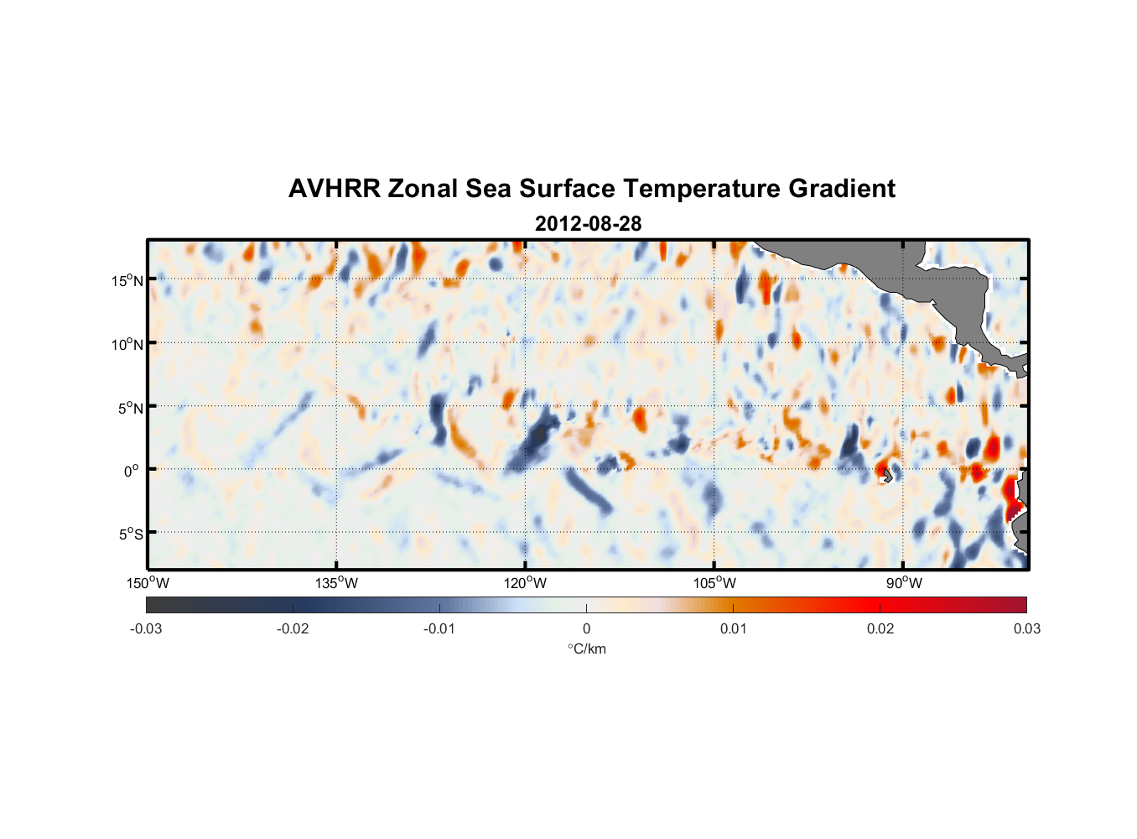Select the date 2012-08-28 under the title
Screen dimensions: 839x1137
pyautogui.click(x=588, y=224)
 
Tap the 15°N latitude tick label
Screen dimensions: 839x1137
pyautogui.click(x=127, y=280)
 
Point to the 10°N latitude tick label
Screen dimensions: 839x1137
pyautogui.click(x=127, y=344)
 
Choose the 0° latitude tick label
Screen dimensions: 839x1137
pyautogui.click(x=132, y=471)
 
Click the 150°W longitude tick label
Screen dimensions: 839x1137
pyautogui.click(x=148, y=583)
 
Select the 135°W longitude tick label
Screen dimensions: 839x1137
pyautogui.click(x=337, y=583)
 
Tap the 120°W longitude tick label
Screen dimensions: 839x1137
pyautogui.click(x=526, y=583)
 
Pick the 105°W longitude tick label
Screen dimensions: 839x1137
pyautogui.click(x=714, y=583)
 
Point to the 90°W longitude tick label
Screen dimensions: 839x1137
pyautogui.click(x=904, y=583)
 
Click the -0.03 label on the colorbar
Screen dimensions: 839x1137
pyautogui.click(x=146, y=628)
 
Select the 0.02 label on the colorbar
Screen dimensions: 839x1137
pyautogui.click(x=880, y=628)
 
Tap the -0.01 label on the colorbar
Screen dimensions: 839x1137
pyautogui.click(x=439, y=628)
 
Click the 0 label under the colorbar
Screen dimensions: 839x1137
pyautogui.click(x=586, y=628)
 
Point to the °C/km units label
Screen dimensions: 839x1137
pyautogui.click(x=587, y=649)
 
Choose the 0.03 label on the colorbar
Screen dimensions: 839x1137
pyautogui.click(x=1026, y=628)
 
